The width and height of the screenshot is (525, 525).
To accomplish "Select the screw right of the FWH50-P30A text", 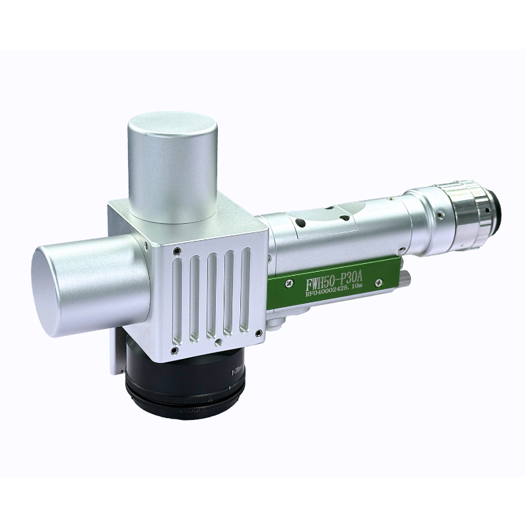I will pyautogui.click(x=379, y=282).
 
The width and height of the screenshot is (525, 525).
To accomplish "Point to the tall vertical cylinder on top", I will pyautogui.click(x=173, y=164).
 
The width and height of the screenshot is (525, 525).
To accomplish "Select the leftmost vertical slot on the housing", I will pyautogui.click(x=177, y=302).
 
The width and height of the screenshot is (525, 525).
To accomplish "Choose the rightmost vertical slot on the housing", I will pyautogui.click(x=245, y=289).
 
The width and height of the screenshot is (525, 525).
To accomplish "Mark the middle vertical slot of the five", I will pyautogui.click(x=211, y=295).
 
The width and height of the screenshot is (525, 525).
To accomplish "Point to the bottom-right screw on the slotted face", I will pyautogui.click(x=259, y=333).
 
